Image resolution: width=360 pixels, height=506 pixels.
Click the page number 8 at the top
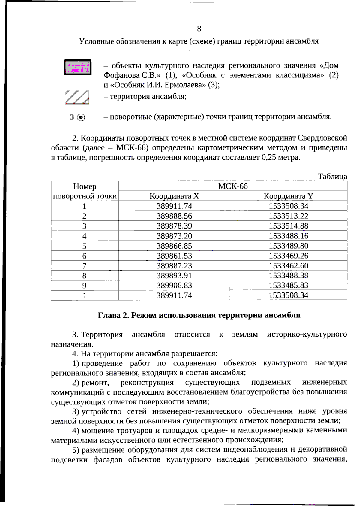pyautogui.click(x=199, y=29)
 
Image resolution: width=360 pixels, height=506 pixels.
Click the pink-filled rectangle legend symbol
pyautogui.click(x=78, y=67)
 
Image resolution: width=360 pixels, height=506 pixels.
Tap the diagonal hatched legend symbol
pyautogui.click(x=77, y=97)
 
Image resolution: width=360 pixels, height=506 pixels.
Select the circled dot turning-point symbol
pyautogui.click(x=81, y=117)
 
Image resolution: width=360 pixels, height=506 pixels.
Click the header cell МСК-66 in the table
pyautogui.click(x=233, y=186)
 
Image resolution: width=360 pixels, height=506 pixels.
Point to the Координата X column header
pyautogui.click(x=174, y=196)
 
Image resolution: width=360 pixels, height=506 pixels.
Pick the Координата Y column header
pyautogui.click(x=288, y=196)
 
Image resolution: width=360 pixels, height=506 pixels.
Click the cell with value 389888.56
pyautogui.click(x=174, y=216)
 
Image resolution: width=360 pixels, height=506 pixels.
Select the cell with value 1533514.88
pyautogui.click(x=288, y=226)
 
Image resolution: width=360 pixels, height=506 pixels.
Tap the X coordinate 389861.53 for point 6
pyautogui.click(x=174, y=256)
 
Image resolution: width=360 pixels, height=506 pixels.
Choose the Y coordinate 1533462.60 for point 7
pyautogui.click(x=288, y=266)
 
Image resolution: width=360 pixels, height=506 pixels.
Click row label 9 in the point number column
pyautogui.click(x=85, y=286)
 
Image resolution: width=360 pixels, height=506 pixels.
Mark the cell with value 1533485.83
pyautogui.click(x=288, y=285)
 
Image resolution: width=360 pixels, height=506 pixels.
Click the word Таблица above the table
pyautogui.click(x=332, y=177)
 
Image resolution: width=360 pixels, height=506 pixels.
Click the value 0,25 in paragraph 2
pyautogui.click(x=269, y=157)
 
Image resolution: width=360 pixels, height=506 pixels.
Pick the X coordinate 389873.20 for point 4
pyautogui.click(x=174, y=236)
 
